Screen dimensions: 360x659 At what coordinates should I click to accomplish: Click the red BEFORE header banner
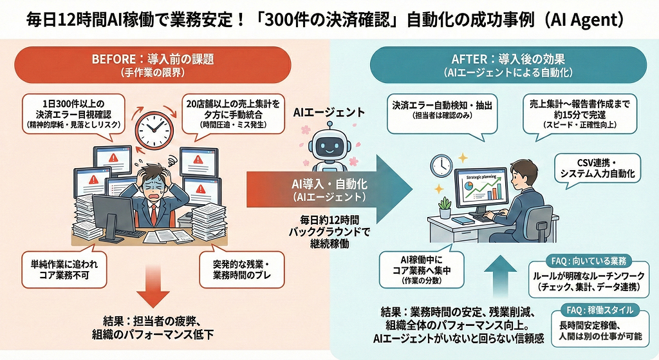[x=153, y=64]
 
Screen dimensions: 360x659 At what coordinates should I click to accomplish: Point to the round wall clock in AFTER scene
[x=441, y=165]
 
